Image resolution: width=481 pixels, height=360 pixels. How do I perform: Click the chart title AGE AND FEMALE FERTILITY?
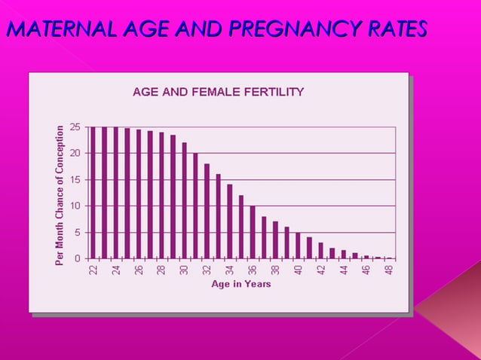pos(218,92)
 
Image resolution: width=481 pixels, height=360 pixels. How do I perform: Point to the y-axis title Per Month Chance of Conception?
pos(60,194)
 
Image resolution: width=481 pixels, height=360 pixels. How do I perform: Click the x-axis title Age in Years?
pos(241,284)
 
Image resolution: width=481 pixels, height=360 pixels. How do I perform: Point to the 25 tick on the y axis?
pos(75,127)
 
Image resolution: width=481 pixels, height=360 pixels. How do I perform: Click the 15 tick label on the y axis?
pos(75,179)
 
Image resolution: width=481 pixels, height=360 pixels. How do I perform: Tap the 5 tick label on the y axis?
pos(77,232)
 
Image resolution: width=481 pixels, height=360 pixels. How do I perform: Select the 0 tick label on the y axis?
pos(77,258)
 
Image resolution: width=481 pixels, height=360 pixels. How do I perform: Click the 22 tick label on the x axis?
pos(93,269)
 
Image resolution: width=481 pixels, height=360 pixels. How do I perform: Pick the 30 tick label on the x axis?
pos(184,269)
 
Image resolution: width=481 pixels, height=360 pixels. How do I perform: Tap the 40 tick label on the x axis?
pos(298,269)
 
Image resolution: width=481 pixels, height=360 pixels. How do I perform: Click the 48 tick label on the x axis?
pos(388,269)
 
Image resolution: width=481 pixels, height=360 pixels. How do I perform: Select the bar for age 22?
pos(93,193)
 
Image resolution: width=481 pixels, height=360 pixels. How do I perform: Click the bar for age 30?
pos(184,200)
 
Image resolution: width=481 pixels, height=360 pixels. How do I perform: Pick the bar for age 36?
pos(253,232)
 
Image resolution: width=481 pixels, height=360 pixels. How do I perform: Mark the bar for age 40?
pos(298,246)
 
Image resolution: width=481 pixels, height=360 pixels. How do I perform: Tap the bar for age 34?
pos(230,221)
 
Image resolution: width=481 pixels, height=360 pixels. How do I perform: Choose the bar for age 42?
pos(320,251)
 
